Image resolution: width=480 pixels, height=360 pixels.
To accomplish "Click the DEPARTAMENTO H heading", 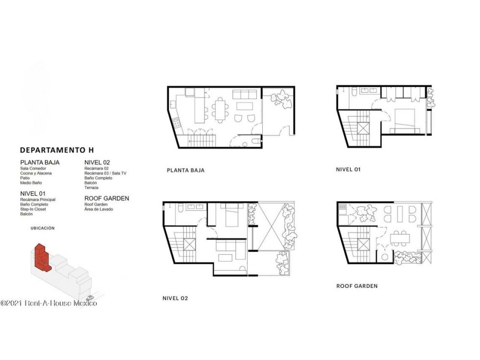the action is (x=57, y=150).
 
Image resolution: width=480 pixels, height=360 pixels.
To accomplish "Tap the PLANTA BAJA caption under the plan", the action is (x=185, y=170).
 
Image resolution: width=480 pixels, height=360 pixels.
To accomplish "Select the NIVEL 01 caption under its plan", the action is (x=349, y=169).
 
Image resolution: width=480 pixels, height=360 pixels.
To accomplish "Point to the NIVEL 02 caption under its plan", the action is (x=175, y=298).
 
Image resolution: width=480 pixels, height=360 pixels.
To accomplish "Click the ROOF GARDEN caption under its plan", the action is (x=357, y=286).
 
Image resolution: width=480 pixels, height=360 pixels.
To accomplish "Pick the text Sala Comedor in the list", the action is (x=33, y=168).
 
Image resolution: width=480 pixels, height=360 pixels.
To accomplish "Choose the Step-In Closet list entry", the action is (x=33, y=209).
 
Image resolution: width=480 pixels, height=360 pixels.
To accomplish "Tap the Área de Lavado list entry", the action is (x=99, y=209).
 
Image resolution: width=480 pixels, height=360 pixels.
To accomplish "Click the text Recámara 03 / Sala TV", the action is (x=105, y=173).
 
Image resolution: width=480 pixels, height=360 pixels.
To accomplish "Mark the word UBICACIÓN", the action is (x=43, y=228).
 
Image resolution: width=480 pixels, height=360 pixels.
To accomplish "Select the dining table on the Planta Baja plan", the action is (x=220, y=110).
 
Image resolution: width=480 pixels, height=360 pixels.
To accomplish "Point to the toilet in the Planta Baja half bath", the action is (x=256, y=141).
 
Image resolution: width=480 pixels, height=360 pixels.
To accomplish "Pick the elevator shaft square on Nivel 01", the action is (x=363, y=128).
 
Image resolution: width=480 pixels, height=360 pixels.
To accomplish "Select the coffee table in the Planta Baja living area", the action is (x=245, y=106).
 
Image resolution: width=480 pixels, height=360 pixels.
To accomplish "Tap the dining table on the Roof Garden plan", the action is (x=400, y=238).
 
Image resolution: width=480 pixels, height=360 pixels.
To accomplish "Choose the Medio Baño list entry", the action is (x=31, y=183).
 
